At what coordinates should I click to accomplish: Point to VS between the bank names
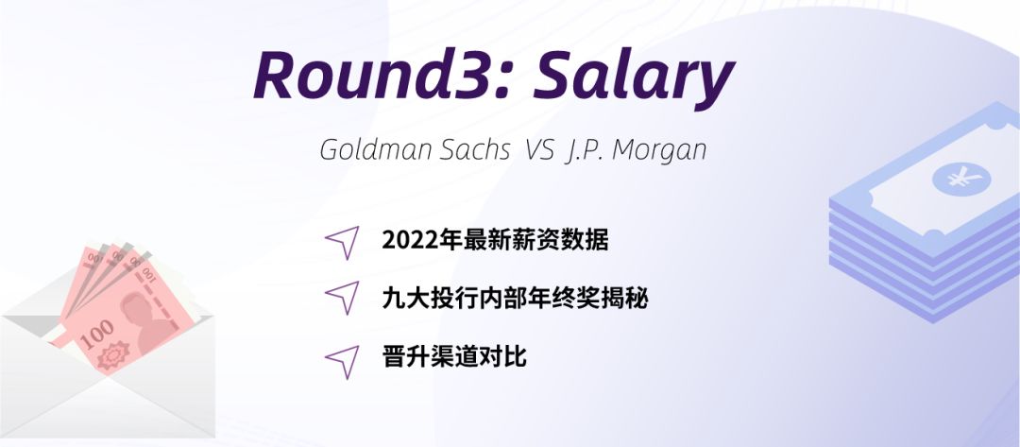(x=540, y=150)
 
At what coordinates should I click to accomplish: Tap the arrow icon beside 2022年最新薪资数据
(x=343, y=243)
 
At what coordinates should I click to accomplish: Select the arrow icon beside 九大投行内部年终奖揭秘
(x=343, y=298)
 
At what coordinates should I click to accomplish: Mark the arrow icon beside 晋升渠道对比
(x=343, y=362)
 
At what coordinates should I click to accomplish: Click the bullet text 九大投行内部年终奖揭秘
(x=516, y=299)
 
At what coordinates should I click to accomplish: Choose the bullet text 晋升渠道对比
(x=454, y=357)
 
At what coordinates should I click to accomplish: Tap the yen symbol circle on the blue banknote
(x=961, y=179)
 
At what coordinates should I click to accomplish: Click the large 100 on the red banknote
(x=98, y=334)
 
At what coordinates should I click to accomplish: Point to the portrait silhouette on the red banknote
(x=144, y=321)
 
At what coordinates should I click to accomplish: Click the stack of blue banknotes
(x=925, y=215)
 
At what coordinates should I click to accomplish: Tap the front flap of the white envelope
(x=108, y=397)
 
